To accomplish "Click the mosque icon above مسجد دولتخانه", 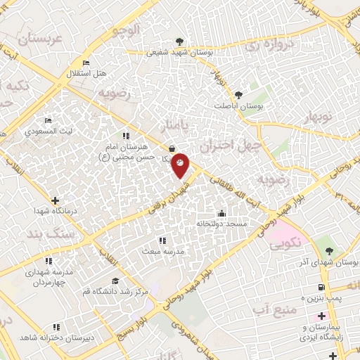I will [222, 213].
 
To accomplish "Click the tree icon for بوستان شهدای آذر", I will [330, 251].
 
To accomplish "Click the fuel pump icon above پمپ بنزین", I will [321, 288].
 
